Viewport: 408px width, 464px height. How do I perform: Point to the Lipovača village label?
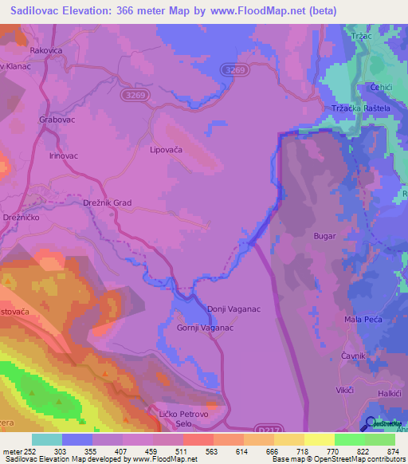coord(167,149)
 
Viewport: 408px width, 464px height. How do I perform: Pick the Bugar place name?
coord(325,237)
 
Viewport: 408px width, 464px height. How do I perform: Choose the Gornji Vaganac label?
coord(204,328)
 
